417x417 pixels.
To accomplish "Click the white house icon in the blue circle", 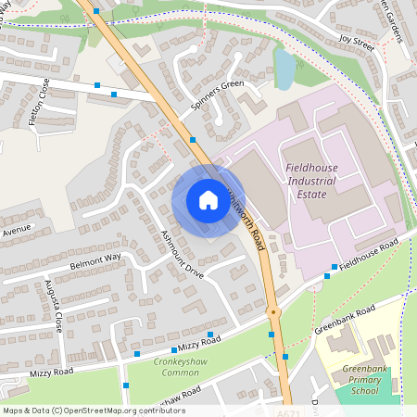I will (x=208, y=200).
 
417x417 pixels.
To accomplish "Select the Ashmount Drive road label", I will (x=182, y=255).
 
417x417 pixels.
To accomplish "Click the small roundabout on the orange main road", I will (x=272, y=312).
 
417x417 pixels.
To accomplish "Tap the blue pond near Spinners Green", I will (x=284, y=67).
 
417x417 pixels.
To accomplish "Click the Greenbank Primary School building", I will (x=345, y=345).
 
